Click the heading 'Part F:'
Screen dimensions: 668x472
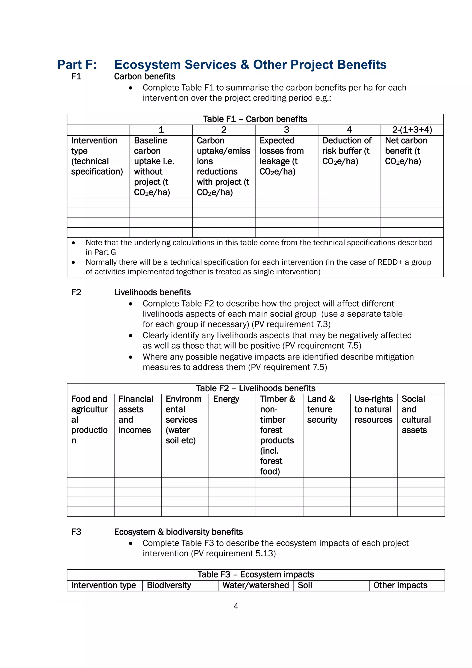(x=77, y=65)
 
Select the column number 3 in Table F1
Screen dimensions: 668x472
(x=286, y=130)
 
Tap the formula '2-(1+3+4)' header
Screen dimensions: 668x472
(x=412, y=130)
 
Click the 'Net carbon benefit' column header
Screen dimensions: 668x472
(x=406, y=151)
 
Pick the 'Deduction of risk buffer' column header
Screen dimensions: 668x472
(x=346, y=151)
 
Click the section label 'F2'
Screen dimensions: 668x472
(x=76, y=292)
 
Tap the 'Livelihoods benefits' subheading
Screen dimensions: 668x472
(x=152, y=292)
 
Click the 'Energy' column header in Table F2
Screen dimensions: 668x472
(x=226, y=399)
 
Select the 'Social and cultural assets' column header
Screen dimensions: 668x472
(x=416, y=415)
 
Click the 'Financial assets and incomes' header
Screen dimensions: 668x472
(x=136, y=415)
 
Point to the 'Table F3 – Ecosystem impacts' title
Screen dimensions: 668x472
(x=255, y=574)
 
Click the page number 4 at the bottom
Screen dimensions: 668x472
(x=236, y=606)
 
